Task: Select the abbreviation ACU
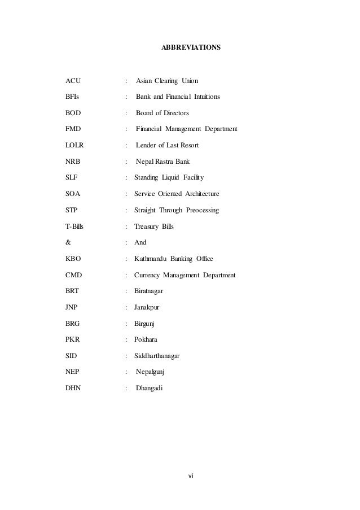[73, 81]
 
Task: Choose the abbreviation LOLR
[75, 146]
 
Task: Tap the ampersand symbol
[68, 243]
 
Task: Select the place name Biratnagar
[151, 291]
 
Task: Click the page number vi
[190, 475]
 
